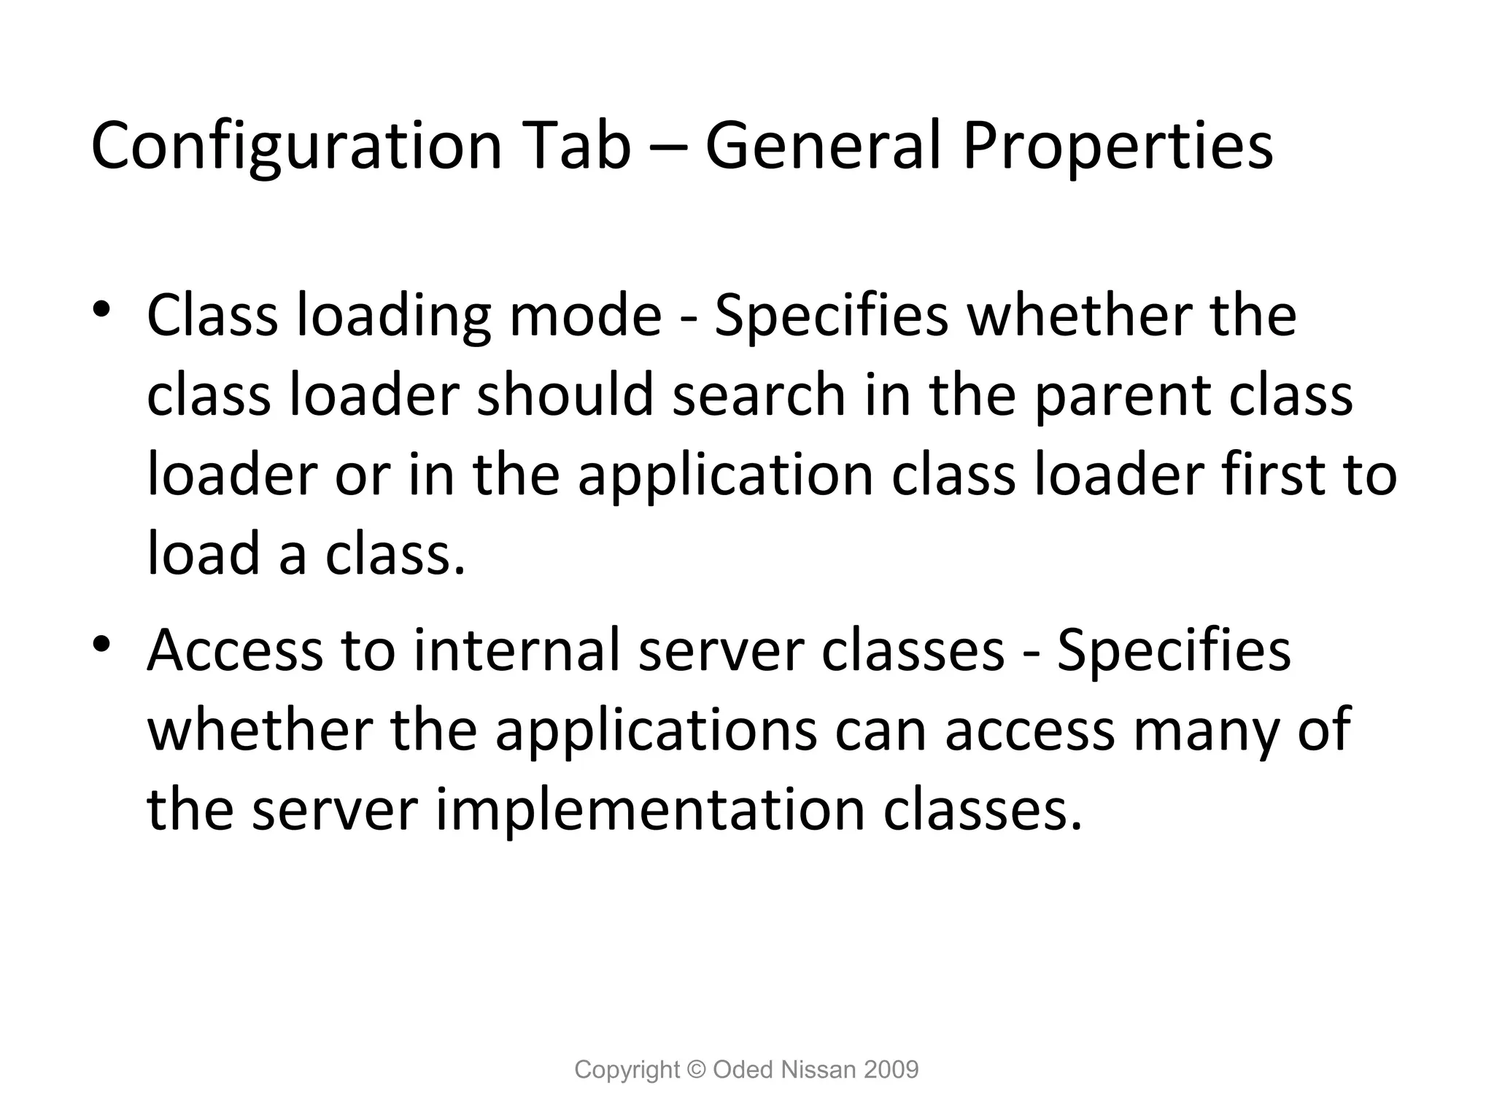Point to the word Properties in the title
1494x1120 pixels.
1118,147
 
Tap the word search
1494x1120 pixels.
759,395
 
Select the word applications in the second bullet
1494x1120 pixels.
656,731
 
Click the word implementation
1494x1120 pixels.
650,810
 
